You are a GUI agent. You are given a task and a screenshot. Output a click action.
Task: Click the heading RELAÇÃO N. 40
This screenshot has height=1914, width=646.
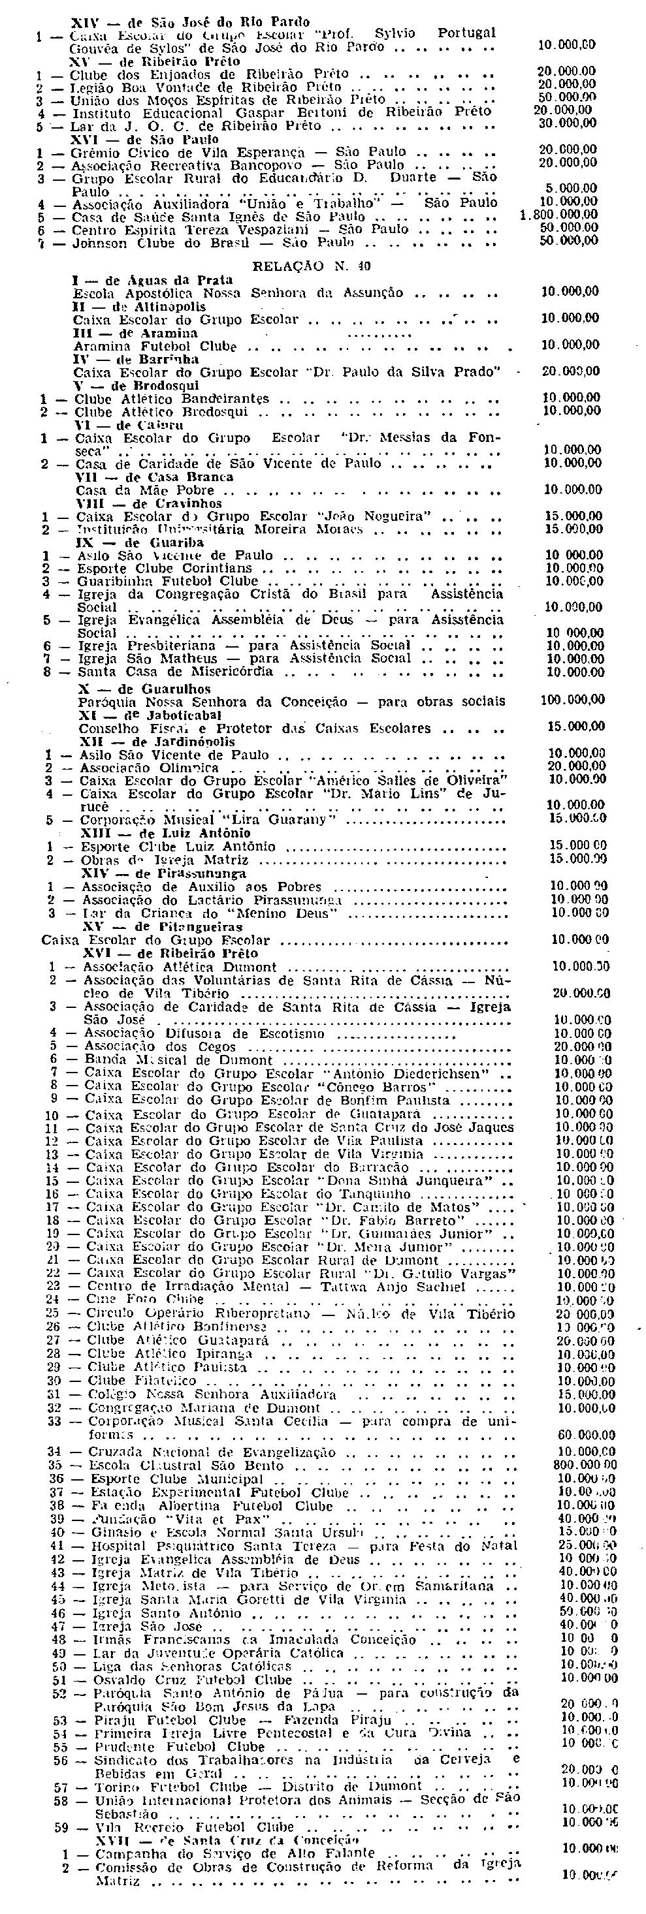pyautogui.click(x=312, y=265)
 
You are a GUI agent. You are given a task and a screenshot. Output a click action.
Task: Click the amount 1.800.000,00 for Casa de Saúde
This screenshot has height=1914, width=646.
pyautogui.click(x=559, y=215)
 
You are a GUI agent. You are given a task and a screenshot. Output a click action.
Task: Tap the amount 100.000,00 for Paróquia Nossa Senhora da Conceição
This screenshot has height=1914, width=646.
pyautogui.click(x=572, y=700)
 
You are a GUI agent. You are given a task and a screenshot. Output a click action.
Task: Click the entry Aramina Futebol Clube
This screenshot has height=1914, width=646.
pyautogui.click(x=155, y=346)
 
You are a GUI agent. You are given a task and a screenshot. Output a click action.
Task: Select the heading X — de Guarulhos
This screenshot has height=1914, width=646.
pyautogui.click(x=144, y=689)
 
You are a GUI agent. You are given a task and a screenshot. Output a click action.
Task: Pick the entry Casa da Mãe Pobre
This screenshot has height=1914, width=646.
pyautogui.click(x=145, y=490)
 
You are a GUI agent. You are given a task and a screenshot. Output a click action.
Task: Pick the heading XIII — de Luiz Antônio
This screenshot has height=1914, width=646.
pyautogui.click(x=166, y=834)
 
